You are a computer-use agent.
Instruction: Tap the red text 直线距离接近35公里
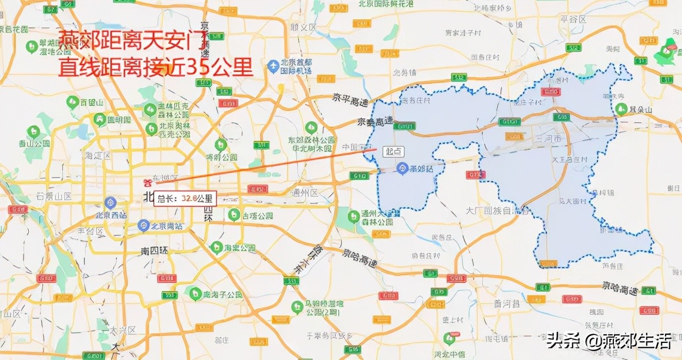click(155, 68)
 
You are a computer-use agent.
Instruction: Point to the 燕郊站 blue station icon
click(403, 169)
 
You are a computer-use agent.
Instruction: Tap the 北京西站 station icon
click(110, 202)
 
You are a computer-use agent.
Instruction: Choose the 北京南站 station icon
click(143, 225)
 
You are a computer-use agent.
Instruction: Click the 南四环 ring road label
click(155, 250)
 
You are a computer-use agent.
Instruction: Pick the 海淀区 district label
click(97, 156)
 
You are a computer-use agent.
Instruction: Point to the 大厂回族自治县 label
click(498, 211)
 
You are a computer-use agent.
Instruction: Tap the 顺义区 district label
click(303, 27)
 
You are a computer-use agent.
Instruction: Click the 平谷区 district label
click(573, 19)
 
